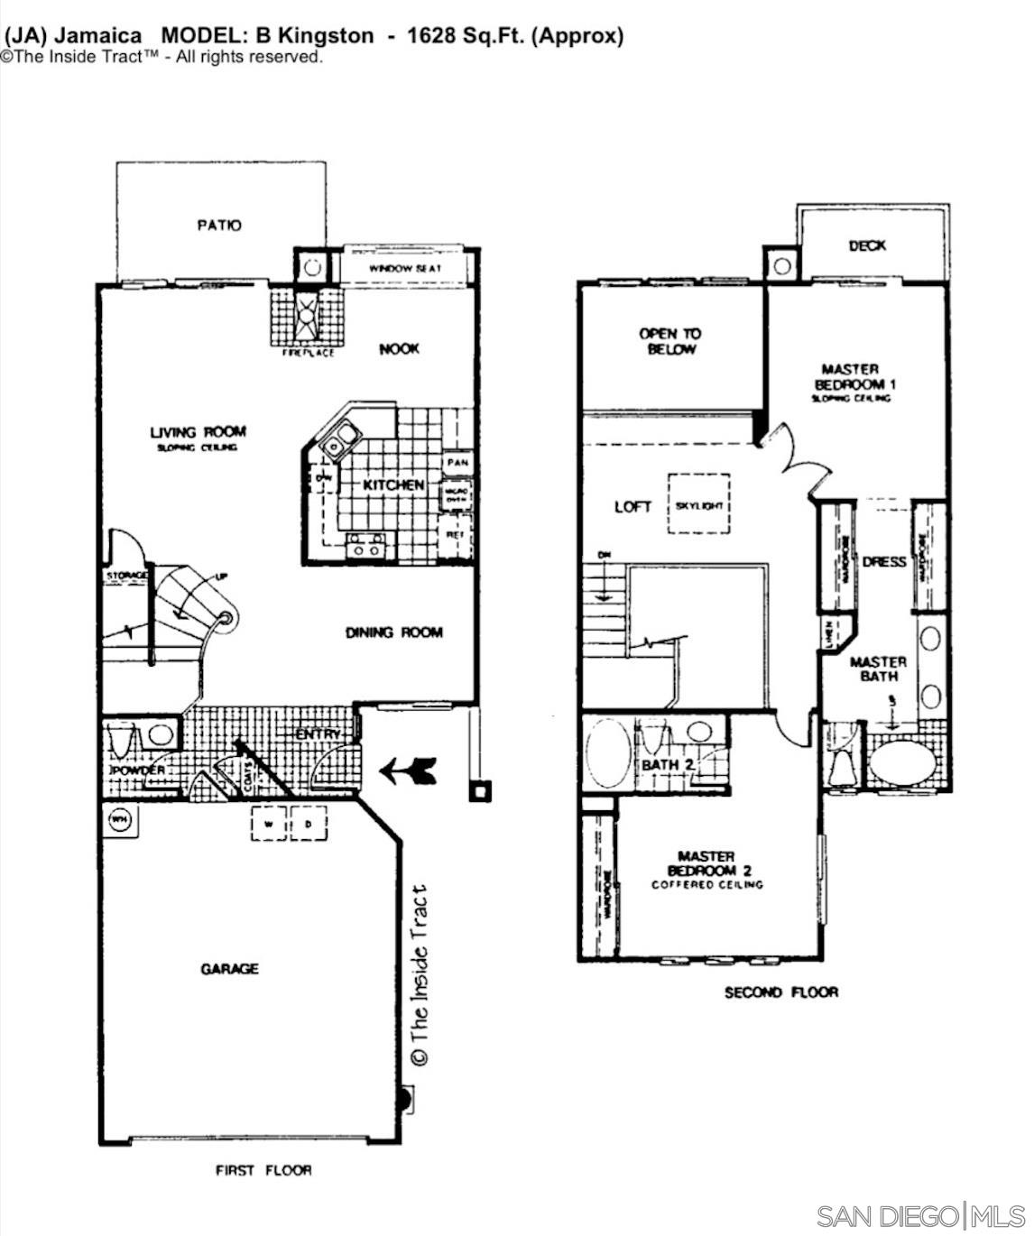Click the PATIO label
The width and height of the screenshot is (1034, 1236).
[219, 225]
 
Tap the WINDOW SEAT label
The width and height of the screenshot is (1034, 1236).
[405, 269]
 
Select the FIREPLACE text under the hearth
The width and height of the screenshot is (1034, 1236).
[308, 353]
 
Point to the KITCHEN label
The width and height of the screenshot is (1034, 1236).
[393, 485]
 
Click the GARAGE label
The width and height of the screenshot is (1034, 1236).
[229, 968]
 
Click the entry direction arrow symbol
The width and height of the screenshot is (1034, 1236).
[408, 770]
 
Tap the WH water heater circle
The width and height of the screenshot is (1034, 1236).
[118, 820]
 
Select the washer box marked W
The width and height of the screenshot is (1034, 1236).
[269, 824]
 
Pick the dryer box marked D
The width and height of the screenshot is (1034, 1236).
[308, 824]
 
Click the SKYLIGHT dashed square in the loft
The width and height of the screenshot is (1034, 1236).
[699, 504]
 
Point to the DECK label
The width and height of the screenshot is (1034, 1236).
[867, 245]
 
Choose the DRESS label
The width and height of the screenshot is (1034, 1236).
[883, 561]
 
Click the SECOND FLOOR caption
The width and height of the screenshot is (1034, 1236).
[780, 992]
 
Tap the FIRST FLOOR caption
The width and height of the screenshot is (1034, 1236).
[263, 1170]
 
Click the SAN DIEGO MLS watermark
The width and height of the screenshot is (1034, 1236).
[920, 1215]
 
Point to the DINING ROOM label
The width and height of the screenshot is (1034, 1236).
[394, 632]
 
